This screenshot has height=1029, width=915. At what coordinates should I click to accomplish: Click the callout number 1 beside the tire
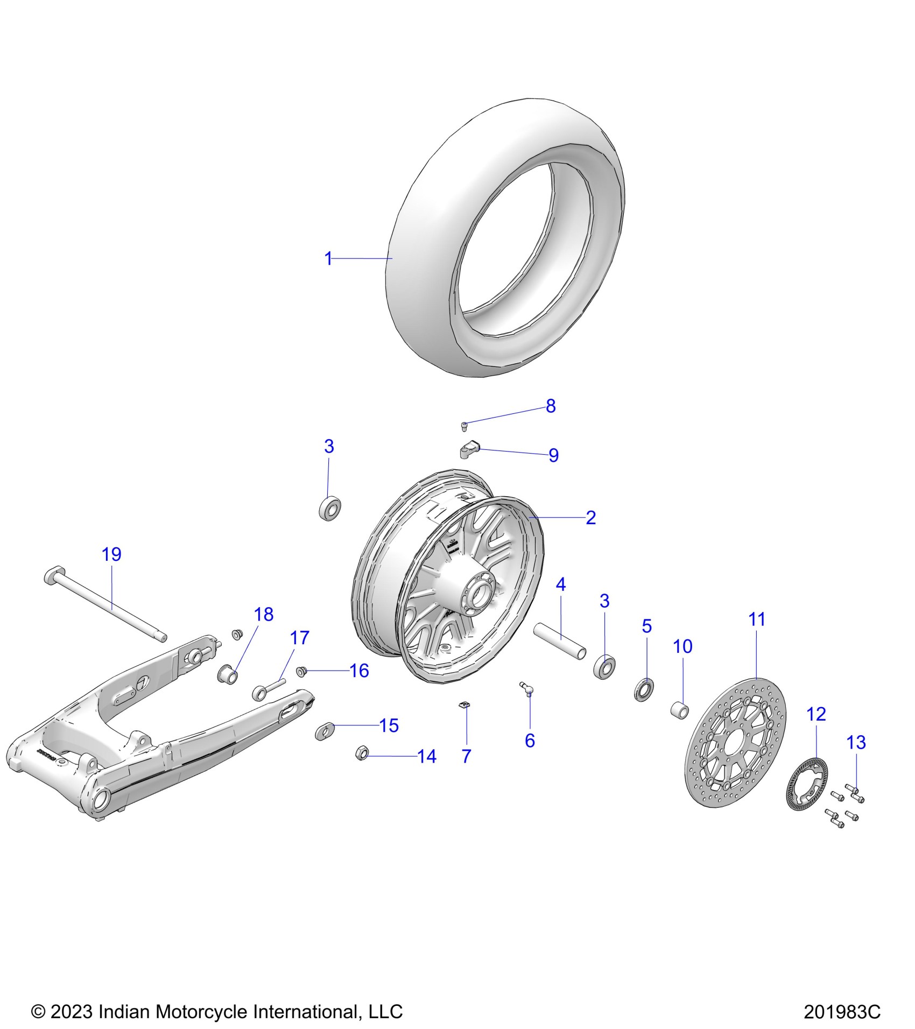coord(328,259)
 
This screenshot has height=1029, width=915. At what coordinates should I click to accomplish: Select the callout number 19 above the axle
coord(111,554)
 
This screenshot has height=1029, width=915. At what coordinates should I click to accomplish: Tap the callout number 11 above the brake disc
coord(757,619)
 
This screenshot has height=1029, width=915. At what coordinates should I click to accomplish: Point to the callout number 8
coord(551,406)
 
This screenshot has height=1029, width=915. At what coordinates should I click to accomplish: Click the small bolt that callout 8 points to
coord(464,427)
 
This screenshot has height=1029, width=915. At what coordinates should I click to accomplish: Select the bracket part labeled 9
coord(469,449)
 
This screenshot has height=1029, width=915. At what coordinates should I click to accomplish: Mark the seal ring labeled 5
coord(644,690)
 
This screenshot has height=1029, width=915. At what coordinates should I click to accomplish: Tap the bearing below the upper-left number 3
coord(330,509)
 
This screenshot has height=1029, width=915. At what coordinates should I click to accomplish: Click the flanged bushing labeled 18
coord(227,674)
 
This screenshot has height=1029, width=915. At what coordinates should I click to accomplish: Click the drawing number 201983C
coord(842,1012)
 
